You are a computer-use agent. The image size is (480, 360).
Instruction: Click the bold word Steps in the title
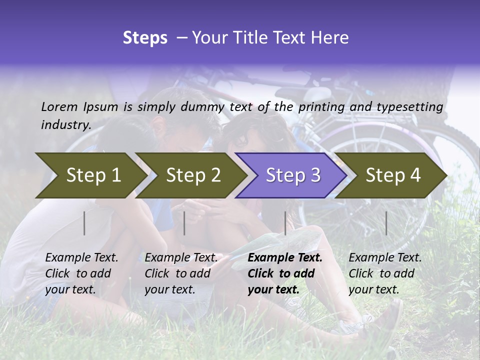[145, 38]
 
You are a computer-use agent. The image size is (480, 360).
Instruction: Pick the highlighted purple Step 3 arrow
[293, 175]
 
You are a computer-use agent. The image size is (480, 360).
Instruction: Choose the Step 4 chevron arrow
[393, 175]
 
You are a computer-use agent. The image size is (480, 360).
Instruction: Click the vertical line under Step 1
[84, 223]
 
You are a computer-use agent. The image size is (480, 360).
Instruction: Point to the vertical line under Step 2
[184, 223]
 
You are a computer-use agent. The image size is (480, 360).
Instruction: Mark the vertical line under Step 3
[285, 223]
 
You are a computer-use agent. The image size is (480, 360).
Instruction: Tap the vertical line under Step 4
[386, 223]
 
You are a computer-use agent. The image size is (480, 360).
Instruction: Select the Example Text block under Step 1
[81, 273]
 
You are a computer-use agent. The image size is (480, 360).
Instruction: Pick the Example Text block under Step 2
[181, 273]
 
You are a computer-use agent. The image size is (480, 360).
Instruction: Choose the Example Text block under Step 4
[385, 273]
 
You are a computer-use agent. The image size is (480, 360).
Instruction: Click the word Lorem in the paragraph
[59, 106]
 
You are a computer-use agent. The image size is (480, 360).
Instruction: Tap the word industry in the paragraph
[66, 125]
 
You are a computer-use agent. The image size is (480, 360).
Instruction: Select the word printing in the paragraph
[322, 106]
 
